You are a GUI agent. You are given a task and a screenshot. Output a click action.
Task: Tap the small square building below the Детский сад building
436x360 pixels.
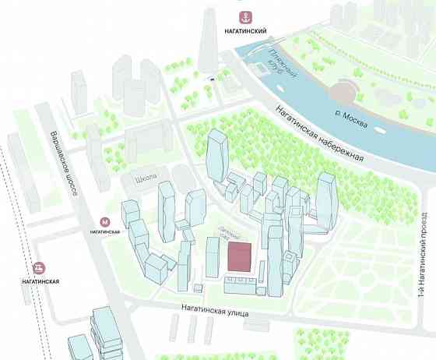pyautogui.click(x=199, y=288)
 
